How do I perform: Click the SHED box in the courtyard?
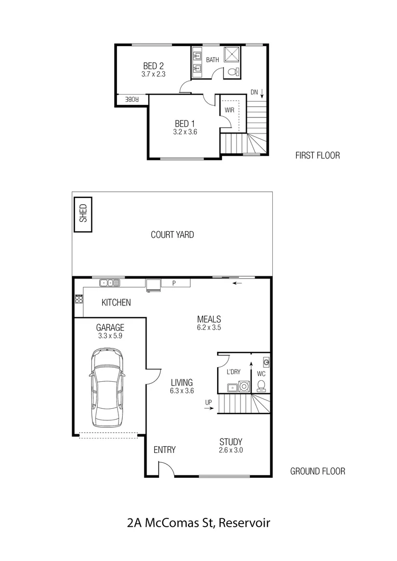click(x=83, y=215)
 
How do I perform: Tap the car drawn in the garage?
click(x=107, y=386)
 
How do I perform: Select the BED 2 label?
click(x=153, y=66)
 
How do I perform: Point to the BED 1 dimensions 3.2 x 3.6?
click(x=185, y=132)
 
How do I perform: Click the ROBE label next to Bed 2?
click(x=131, y=99)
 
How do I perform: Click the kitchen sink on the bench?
click(x=110, y=283)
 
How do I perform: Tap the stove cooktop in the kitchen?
click(x=79, y=299)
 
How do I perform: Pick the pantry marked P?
click(x=175, y=283)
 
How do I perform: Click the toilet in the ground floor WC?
click(x=261, y=385)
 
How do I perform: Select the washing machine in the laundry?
click(x=243, y=386)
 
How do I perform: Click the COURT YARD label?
click(x=172, y=235)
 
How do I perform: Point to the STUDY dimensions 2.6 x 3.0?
click(x=231, y=450)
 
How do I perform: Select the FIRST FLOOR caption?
click(x=317, y=155)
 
